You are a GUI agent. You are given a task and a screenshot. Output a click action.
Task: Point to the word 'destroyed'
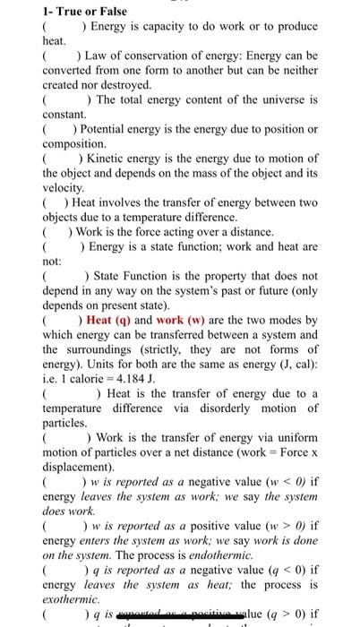tap(111, 85)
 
